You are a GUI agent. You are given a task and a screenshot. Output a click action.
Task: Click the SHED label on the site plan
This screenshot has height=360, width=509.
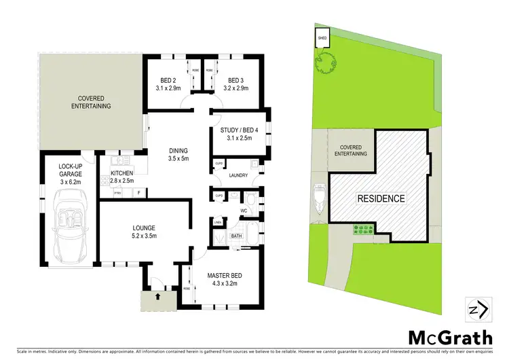click(x=321, y=39)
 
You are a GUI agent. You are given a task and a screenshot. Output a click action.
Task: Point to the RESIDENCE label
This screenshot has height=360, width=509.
click(x=381, y=199)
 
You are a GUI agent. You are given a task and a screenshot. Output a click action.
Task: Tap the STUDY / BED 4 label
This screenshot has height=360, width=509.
click(x=235, y=134)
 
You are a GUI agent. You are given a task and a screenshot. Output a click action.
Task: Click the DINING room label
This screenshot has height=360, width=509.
click(x=178, y=154)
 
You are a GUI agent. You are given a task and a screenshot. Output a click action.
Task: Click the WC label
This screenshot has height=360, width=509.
click(x=242, y=211)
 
